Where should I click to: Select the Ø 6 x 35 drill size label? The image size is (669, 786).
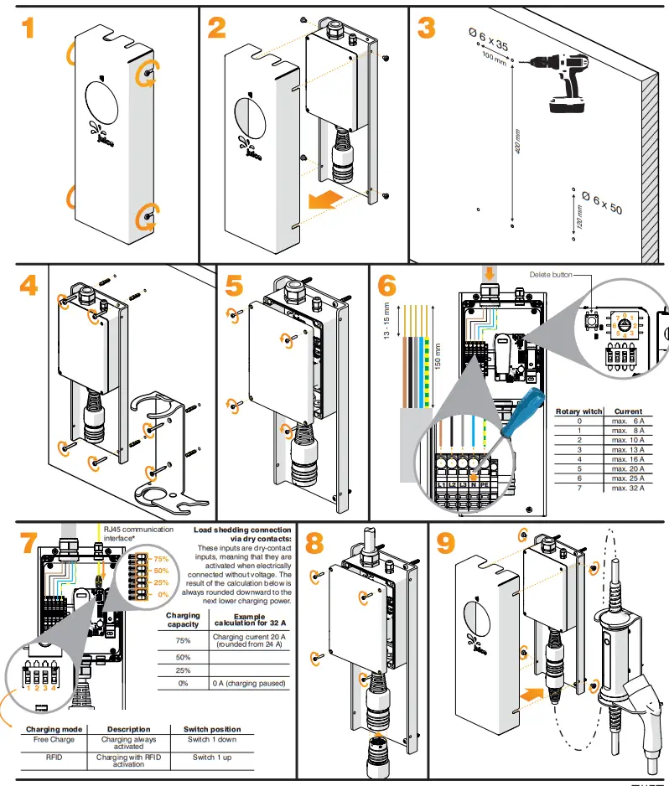pyautogui.click(x=488, y=38)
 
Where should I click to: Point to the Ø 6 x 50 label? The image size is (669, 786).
pyautogui.click(x=602, y=202)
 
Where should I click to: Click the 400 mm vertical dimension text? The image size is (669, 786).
pyautogui.click(x=517, y=143)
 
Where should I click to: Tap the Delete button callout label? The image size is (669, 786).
pyautogui.click(x=550, y=274)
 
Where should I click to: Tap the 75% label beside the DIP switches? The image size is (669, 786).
pyautogui.click(x=161, y=559)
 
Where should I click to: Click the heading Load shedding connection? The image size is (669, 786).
pyautogui.click(x=242, y=530)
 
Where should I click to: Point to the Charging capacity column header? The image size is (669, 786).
pyautogui.click(x=183, y=619)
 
